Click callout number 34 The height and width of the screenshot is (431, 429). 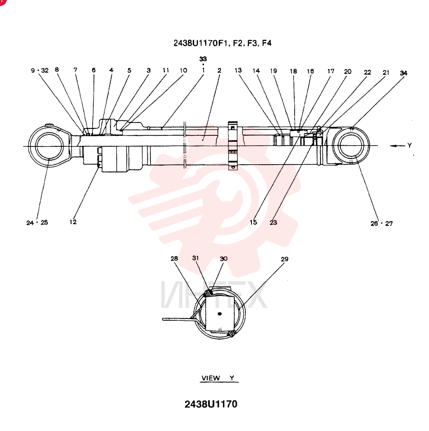pyautogui.click(x=404, y=73)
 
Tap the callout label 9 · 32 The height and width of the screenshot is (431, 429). pyautogui.click(x=40, y=70)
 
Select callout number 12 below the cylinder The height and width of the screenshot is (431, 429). pyautogui.click(x=73, y=222)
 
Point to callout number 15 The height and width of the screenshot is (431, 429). pyautogui.click(x=253, y=222)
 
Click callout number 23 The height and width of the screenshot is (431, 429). pyautogui.click(x=273, y=222)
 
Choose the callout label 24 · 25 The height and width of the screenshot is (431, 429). pyautogui.click(x=37, y=223)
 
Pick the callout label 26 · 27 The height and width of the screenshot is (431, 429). pyautogui.click(x=382, y=223)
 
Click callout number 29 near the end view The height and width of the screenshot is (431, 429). pyautogui.click(x=285, y=259)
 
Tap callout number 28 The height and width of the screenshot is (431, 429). pyautogui.click(x=174, y=258)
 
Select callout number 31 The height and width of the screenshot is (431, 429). pyautogui.click(x=195, y=258)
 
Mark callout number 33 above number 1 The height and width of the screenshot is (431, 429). pyautogui.click(x=203, y=59)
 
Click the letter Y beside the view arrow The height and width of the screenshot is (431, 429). pyautogui.click(x=410, y=145)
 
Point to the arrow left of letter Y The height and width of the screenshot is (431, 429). pyautogui.click(x=398, y=146)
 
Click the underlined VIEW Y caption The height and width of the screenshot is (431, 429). pyautogui.click(x=219, y=378)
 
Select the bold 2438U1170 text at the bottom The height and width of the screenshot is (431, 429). pyautogui.click(x=211, y=404)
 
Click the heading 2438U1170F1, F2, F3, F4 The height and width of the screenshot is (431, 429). pyautogui.click(x=222, y=43)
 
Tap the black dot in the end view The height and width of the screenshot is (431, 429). pyautogui.click(x=219, y=314)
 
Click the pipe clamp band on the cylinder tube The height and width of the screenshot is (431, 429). pyautogui.click(x=233, y=145)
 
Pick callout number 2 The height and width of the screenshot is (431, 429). pyautogui.click(x=219, y=70)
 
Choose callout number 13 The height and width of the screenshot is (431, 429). pyautogui.click(x=238, y=70)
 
